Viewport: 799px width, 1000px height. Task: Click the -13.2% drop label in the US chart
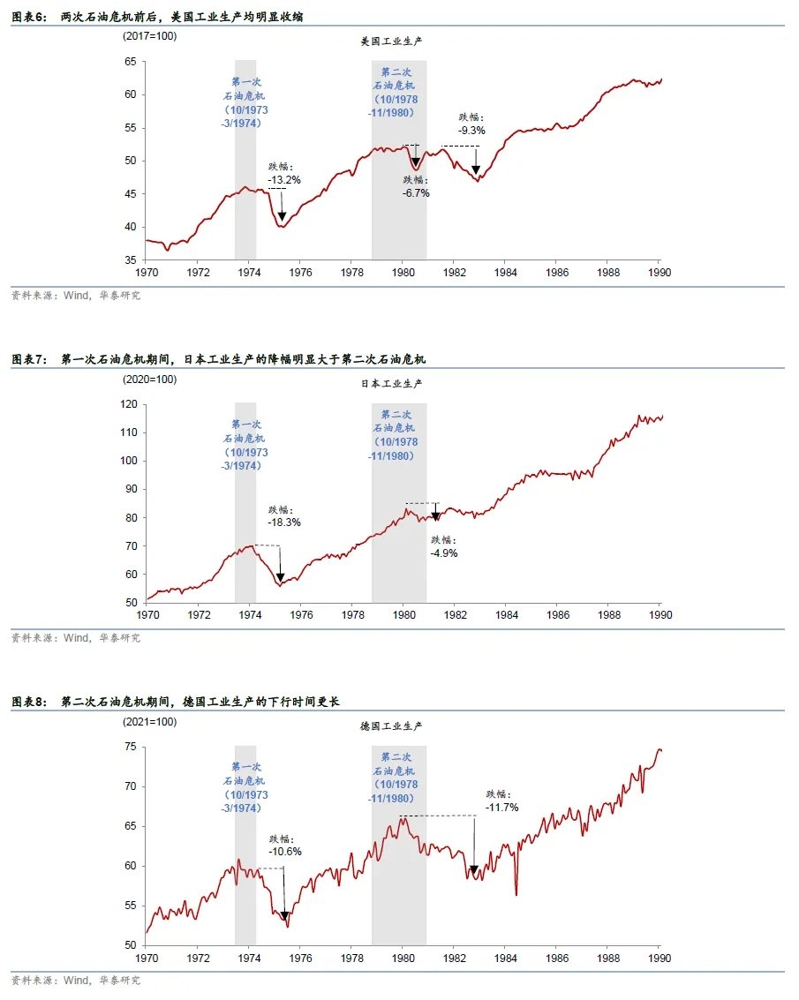284,179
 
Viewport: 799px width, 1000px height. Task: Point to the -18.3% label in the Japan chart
284,522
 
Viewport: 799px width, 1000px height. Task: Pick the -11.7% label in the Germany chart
501,807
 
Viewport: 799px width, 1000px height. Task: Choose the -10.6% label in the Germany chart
285,852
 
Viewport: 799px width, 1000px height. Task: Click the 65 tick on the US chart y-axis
130,62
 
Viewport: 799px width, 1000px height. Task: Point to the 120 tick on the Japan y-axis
127,404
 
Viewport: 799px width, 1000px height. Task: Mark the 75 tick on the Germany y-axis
130,747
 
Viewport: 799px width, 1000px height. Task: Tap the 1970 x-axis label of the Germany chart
146,957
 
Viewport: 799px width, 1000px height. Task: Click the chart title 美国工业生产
391,41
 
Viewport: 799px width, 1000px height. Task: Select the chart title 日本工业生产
391,384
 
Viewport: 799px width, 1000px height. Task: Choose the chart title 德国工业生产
391,726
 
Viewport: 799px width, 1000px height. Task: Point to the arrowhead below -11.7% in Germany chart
474,870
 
